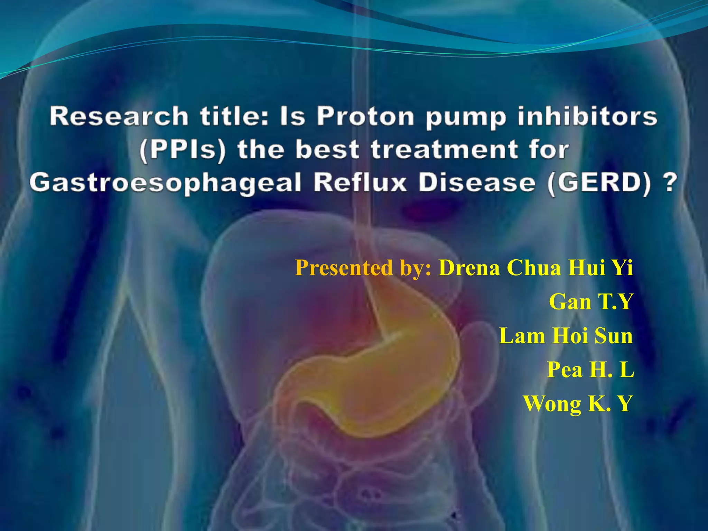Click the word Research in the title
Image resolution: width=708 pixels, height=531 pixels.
(x=119, y=117)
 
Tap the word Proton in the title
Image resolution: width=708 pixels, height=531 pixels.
(x=366, y=117)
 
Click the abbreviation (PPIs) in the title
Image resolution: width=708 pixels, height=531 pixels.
(x=183, y=150)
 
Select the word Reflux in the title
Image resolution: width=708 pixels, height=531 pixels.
(x=361, y=183)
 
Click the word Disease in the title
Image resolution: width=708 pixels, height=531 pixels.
(x=477, y=183)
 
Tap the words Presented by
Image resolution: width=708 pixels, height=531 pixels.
(x=363, y=268)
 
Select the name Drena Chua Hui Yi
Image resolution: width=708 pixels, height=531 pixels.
(x=535, y=268)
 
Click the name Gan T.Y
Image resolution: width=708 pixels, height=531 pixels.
(x=591, y=302)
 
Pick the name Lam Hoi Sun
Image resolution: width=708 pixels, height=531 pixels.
(x=566, y=336)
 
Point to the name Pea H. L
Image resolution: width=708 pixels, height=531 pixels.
(x=590, y=370)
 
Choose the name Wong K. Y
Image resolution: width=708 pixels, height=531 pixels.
(x=578, y=403)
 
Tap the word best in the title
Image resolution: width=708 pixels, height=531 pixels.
(x=327, y=149)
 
